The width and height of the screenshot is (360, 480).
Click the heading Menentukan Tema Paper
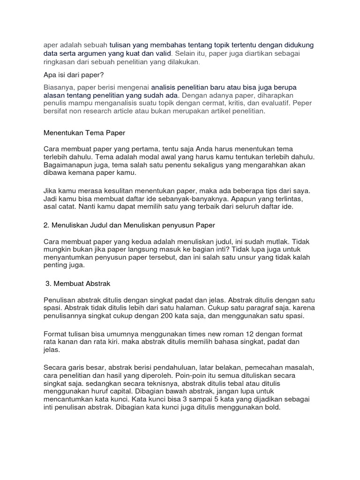84,133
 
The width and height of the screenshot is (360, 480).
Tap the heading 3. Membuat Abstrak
78,284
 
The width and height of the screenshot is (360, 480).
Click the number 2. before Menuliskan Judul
46,225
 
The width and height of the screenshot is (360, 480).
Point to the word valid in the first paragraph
163,53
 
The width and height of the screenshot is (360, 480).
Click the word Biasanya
59,87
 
